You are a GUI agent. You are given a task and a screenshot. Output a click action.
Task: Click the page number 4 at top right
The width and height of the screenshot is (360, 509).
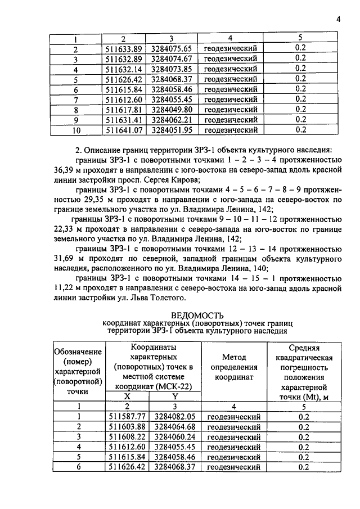tap(339, 19)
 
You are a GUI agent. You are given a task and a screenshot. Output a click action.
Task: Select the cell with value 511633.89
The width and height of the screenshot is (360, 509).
tap(124, 48)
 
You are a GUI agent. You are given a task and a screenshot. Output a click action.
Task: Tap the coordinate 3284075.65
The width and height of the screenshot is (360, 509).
tap(172, 48)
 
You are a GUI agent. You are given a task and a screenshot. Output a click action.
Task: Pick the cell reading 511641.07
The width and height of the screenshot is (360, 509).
tap(124, 130)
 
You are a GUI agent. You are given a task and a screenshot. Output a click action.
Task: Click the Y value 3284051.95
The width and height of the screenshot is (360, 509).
tap(172, 130)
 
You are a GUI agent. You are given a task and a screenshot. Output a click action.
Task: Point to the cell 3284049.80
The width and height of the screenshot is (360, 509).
tap(172, 110)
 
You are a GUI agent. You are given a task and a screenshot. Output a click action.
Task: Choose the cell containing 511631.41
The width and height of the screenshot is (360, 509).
tap(124, 120)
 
